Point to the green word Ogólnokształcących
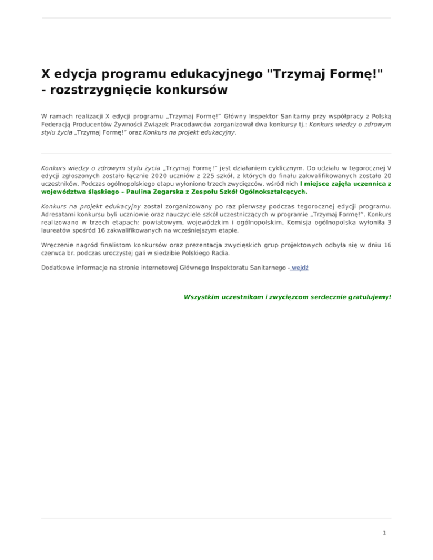(x=272, y=191)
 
